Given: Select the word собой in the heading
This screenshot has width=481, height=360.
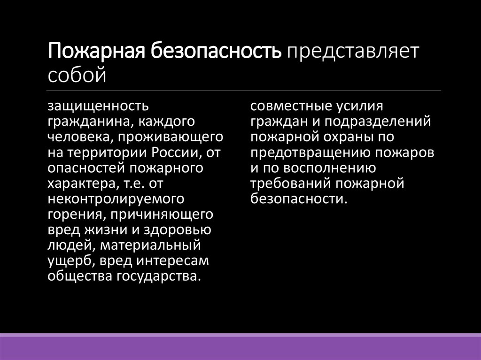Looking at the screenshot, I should pos(77,75).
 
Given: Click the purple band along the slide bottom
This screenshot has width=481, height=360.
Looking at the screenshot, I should pos(240,348).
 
